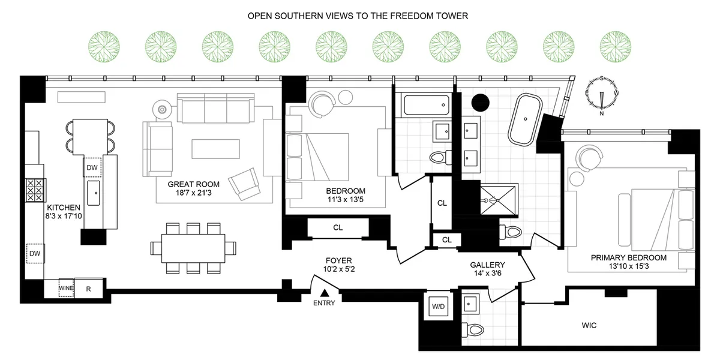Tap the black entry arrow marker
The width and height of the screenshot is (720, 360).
point(324,293)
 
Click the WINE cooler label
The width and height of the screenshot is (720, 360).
point(66,289)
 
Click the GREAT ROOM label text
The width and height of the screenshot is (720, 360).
point(193,184)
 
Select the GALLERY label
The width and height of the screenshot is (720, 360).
point(487,265)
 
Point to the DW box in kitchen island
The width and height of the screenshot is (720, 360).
point(92,168)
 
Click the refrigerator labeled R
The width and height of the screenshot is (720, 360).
point(88,289)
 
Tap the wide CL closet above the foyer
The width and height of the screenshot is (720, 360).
point(337,227)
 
